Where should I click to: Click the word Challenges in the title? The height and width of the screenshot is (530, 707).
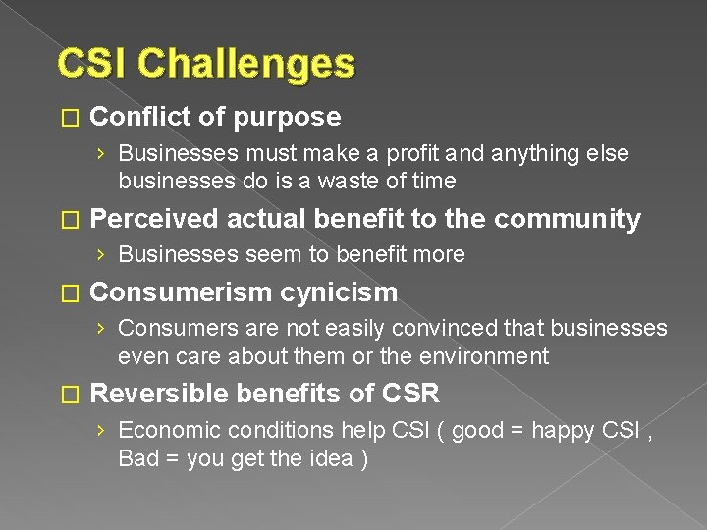(246, 65)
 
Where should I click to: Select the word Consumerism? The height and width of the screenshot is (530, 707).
(180, 292)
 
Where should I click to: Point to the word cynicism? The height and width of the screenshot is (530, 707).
(339, 292)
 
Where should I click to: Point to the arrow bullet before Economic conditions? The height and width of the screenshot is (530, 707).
(102, 431)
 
